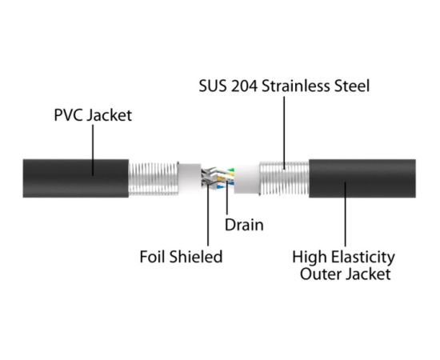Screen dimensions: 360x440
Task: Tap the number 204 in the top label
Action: [246, 85]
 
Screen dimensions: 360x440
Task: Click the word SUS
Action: [211, 85]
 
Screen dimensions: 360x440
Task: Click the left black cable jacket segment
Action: [76, 178]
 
